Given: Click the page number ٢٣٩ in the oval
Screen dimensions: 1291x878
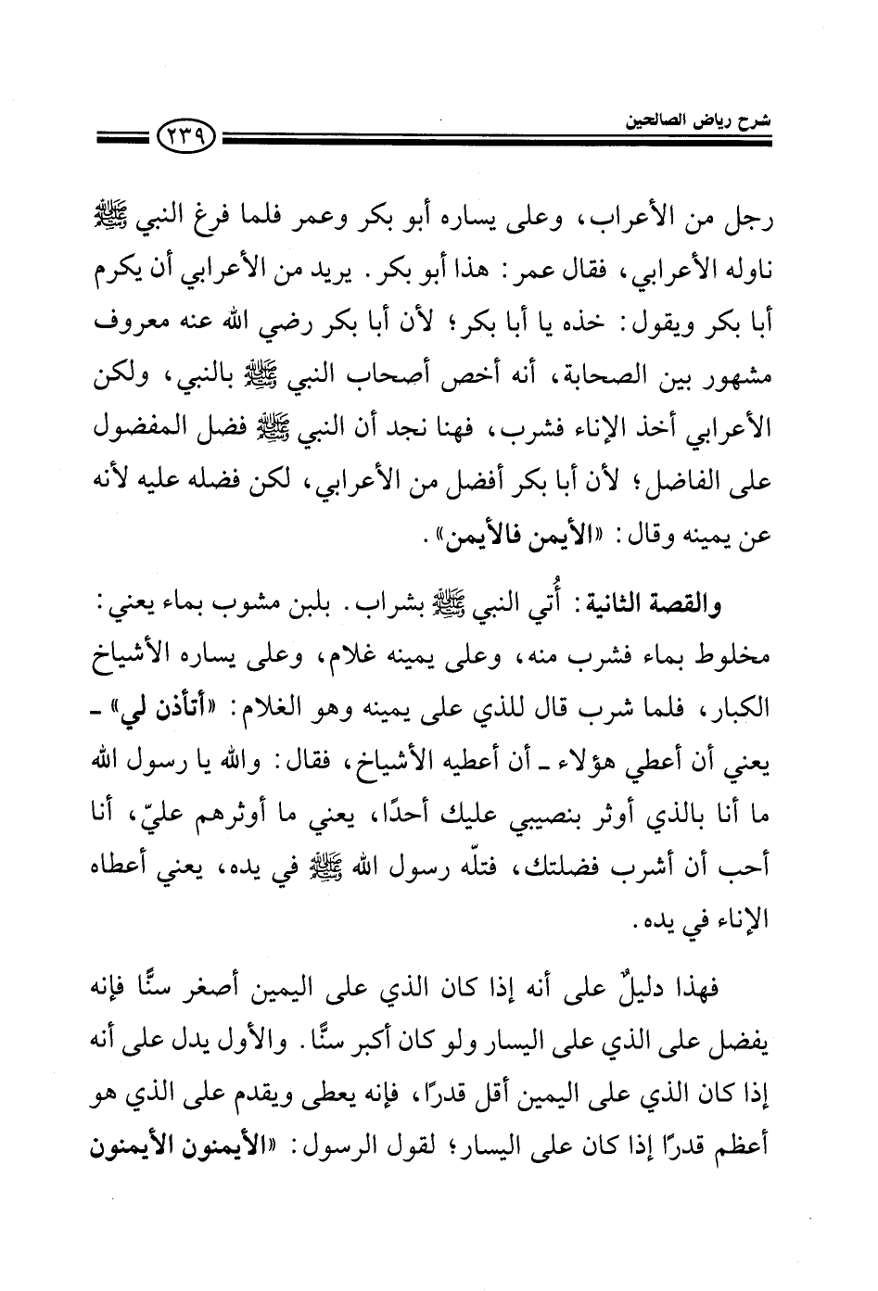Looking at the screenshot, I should point(186,143).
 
